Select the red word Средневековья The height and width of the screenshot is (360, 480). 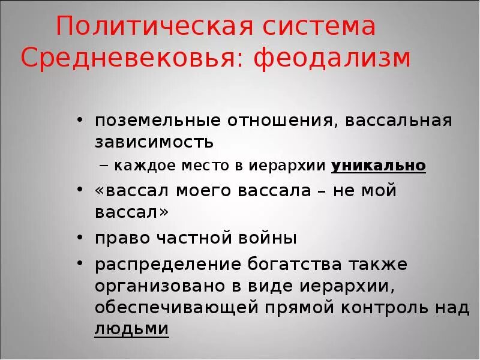pyautogui.click(x=127, y=58)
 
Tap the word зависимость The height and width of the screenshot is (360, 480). pyautogui.click(x=154, y=143)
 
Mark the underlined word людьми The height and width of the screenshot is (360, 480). pyautogui.click(x=131, y=329)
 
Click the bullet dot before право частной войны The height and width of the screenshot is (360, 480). pyautogui.click(x=80, y=238)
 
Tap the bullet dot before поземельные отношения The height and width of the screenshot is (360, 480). pyautogui.click(x=80, y=121)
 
